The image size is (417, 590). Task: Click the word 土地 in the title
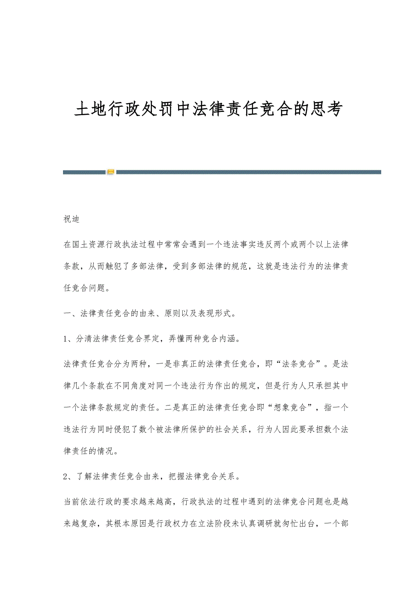pos(91,110)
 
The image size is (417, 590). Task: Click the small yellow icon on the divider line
pos(111,172)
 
